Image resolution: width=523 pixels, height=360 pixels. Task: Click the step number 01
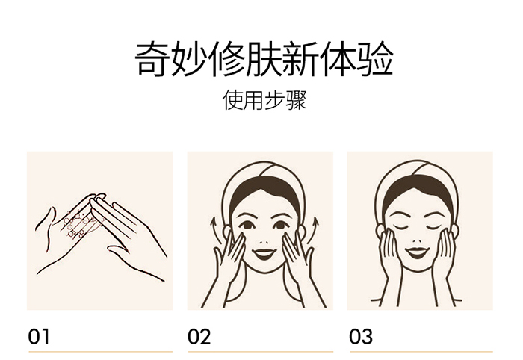(39, 337)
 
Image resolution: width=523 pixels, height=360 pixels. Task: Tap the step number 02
(199, 337)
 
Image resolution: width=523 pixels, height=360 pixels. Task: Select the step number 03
(361, 337)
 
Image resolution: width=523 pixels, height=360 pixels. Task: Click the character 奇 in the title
(152, 59)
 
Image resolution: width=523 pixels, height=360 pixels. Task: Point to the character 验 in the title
(376, 59)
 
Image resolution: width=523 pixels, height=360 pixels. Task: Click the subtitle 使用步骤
(264, 99)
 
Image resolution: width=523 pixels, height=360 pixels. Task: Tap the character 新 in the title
(301, 59)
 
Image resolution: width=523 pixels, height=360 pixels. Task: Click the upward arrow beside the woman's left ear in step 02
(215, 231)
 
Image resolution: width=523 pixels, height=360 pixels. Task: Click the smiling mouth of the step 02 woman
(264, 254)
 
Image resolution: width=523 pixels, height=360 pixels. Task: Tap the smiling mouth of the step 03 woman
(417, 252)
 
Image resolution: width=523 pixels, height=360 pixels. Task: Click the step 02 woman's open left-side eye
(247, 225)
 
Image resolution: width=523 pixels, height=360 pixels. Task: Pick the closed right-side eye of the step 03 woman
(435, 227)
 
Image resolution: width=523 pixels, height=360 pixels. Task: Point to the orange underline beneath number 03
(421, 351)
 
